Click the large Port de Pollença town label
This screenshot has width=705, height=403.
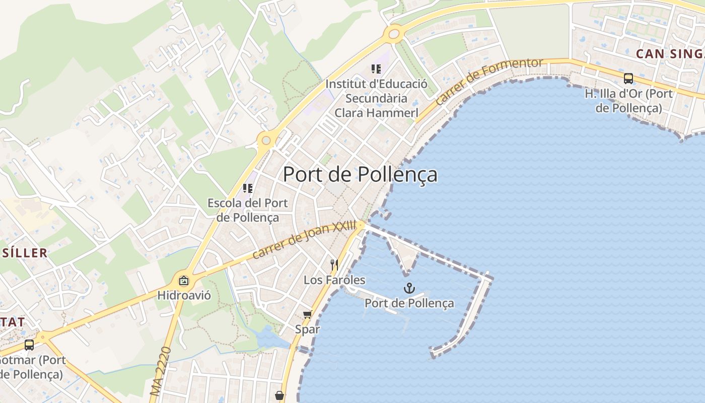360,174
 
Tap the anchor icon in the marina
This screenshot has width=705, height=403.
409,288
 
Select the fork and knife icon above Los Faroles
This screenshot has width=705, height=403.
334,264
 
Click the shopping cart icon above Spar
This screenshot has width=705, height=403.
307,315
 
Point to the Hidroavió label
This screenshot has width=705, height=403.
184,295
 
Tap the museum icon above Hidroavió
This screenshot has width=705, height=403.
184,281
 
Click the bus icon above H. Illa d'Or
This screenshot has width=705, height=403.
628,78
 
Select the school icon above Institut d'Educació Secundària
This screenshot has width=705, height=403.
376,69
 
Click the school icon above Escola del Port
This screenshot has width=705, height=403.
247,188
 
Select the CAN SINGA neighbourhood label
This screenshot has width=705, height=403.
670,54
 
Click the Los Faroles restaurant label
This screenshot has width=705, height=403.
334,280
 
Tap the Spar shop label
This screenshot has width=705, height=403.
307,329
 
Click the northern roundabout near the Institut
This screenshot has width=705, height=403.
393,34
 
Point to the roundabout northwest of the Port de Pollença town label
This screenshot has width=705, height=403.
265,140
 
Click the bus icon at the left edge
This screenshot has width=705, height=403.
29,345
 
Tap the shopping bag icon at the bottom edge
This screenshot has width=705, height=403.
279,395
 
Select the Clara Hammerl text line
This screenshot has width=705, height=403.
376,112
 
